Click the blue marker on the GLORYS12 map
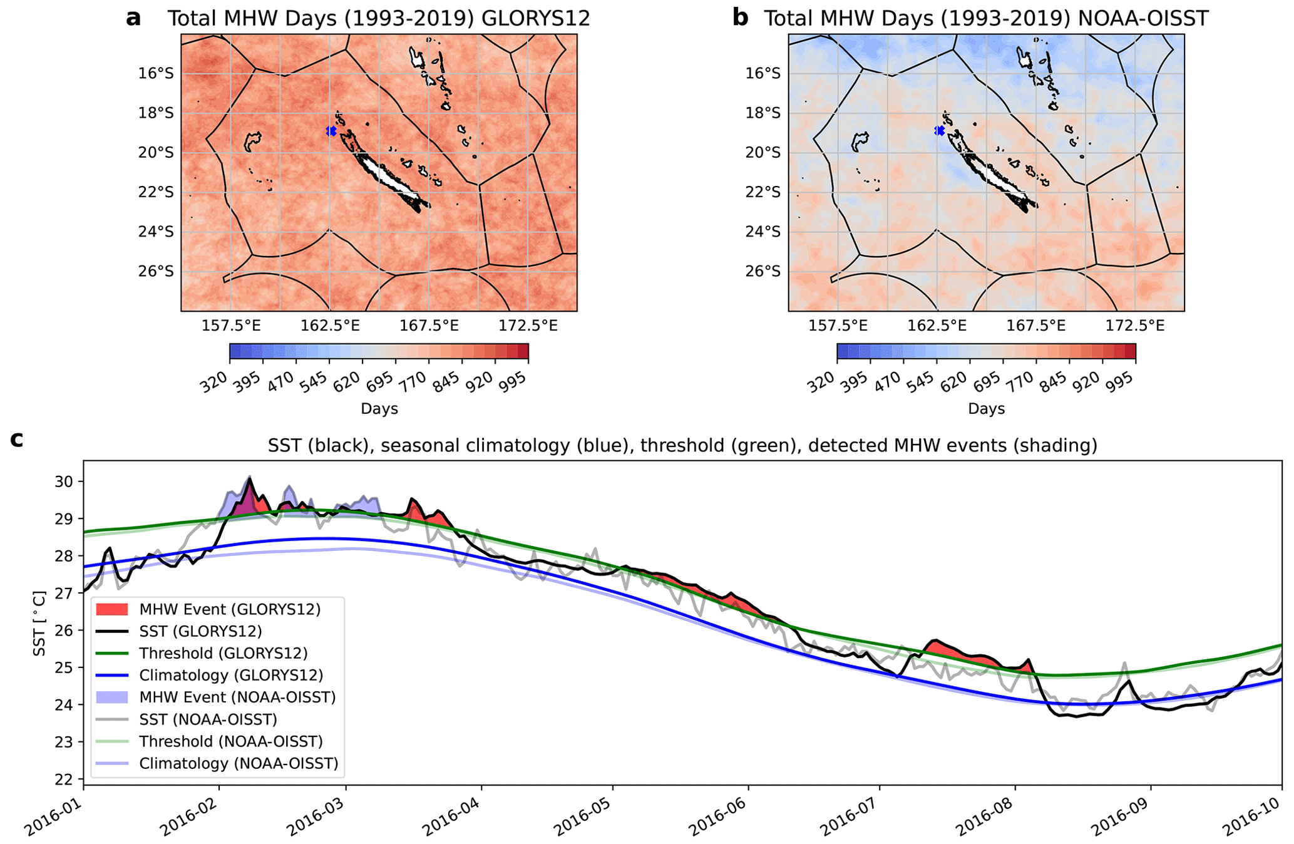[x=331, y=131]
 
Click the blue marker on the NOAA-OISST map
[x=939, y=130]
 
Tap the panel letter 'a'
[x=133, y=18]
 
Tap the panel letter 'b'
[x=740, y=18]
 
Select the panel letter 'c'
[x=17, y=440]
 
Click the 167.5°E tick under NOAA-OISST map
[x=1035, y=326]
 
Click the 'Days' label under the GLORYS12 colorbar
[x=379, y=409]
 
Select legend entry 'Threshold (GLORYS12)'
[x=223, y=653]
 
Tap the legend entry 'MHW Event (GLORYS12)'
[x=230, y=609]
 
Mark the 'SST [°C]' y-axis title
[x=39, y=623]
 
